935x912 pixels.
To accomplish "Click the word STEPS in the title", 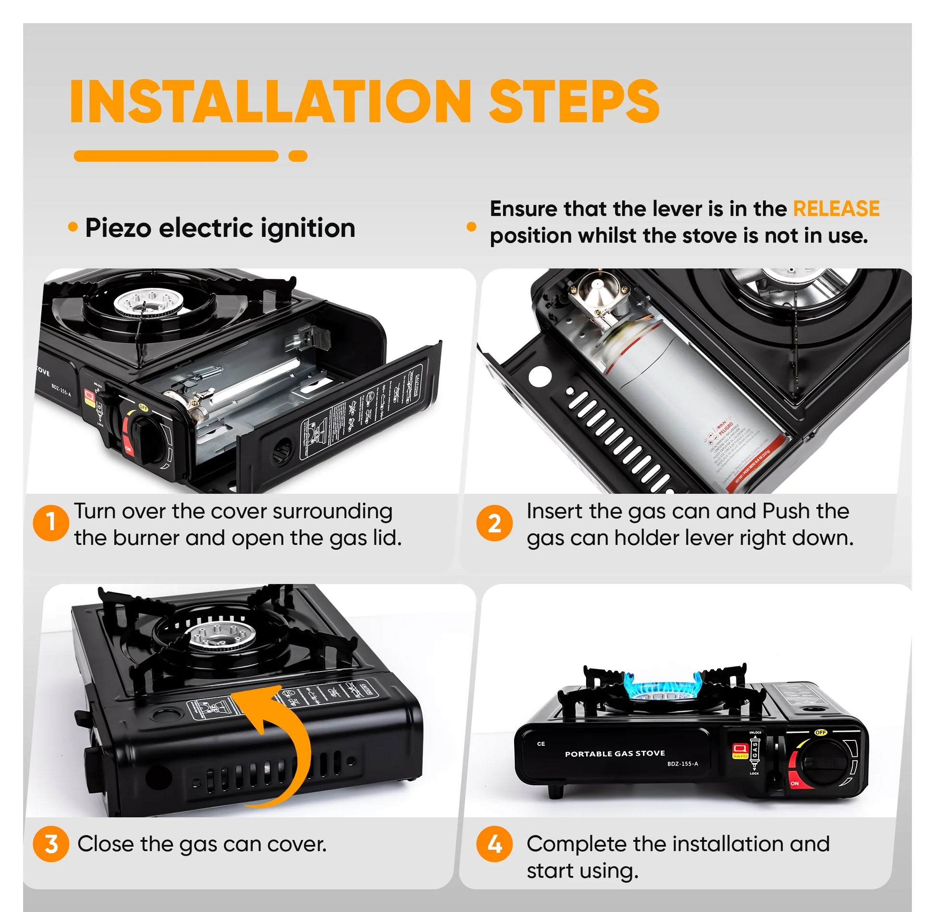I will pos(574,102).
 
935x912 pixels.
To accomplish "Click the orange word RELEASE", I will pos(836,209).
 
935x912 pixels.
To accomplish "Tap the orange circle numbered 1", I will pos(51,523).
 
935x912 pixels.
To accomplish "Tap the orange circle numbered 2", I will pos(494,523).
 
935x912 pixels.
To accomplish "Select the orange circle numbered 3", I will pos(51,844).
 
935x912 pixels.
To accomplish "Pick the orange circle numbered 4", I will pos(494,844).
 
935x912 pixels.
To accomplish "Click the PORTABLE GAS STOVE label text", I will pos(615,753).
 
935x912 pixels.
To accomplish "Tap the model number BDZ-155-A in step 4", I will pos(682,764).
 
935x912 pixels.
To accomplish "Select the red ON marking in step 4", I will pos(794,783).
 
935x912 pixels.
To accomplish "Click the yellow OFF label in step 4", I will pos(821,732).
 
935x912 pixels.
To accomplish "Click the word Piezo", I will pos(118,228).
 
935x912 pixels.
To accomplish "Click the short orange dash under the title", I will pos(298,156).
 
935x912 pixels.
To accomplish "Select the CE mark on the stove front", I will pos(541,744).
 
